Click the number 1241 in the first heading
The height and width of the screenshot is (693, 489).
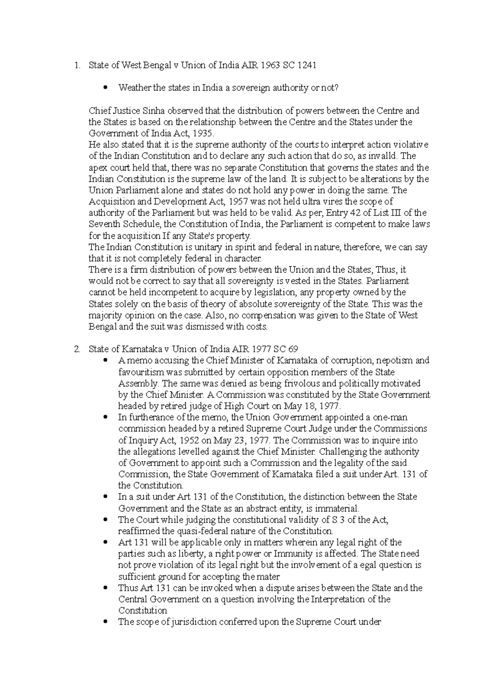coord(306,65)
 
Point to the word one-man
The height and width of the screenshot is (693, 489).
coord(392,418)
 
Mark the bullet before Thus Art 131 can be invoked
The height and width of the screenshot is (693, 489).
coord(106,588)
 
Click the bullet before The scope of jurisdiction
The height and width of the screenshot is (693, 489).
coord(106,622)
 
